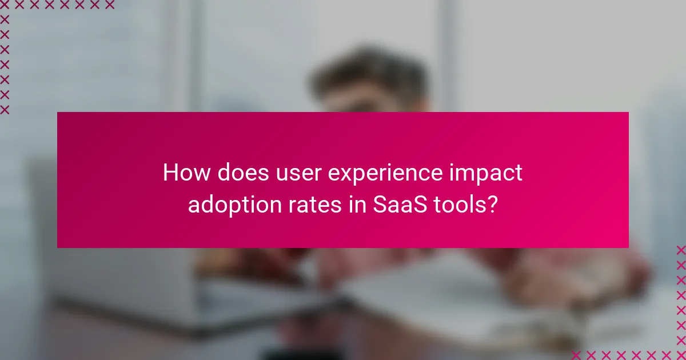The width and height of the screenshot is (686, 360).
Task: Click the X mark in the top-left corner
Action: pos(5,5)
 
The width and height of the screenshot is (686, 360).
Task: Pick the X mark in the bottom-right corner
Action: pos(681,354)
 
